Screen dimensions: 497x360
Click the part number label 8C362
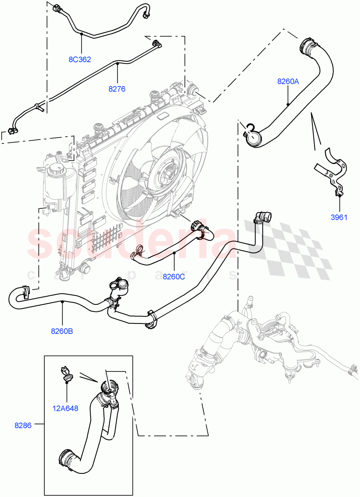pos(79,59)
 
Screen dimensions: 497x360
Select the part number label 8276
pos(117,89)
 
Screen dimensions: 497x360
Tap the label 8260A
pos(288,82)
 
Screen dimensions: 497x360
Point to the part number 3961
pos(338,217)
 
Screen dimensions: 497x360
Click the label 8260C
pos(173,276)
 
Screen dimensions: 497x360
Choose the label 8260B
pos(62,331)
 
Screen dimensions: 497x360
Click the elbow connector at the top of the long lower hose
pos(262,217)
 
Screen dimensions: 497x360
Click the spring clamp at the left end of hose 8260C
pos(137,251)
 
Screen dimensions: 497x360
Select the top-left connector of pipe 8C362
pos(57,8)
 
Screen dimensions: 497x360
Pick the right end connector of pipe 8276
pos(157,44)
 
